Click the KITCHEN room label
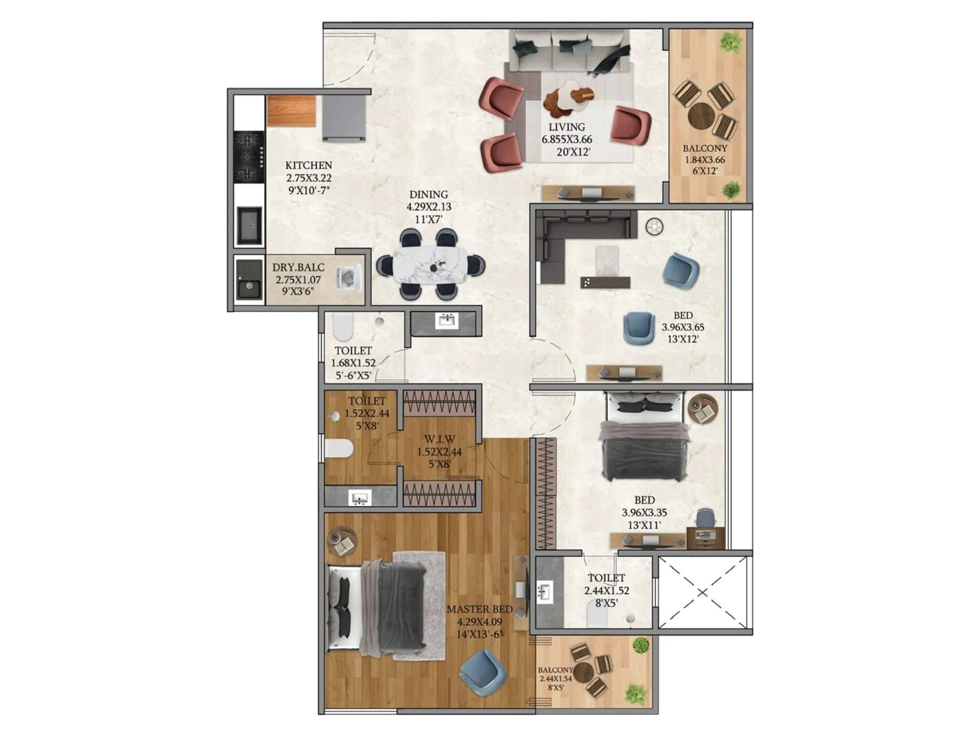pos(309,165)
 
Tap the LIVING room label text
pos(567,127)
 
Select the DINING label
pos(429,195)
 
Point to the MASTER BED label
pos(480,609)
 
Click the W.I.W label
pos(439,439)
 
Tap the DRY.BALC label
pos(298,268)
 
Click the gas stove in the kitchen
pos(249,157)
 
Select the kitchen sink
pos(249,226)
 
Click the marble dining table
pos(430,265)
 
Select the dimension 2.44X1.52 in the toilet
pos(606,591)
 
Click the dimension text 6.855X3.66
pos(567,140)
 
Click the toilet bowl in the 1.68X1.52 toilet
pos(343,328)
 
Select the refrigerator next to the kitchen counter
pos(344,118)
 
